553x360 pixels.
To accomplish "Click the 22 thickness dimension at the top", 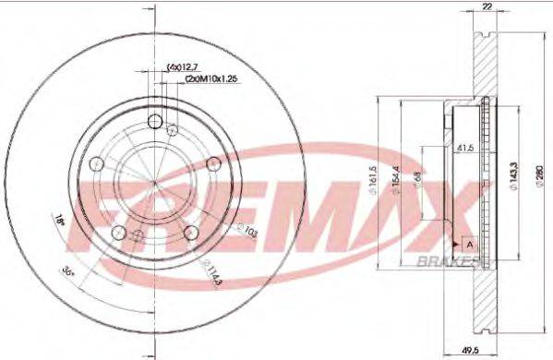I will tap(485, 6).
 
